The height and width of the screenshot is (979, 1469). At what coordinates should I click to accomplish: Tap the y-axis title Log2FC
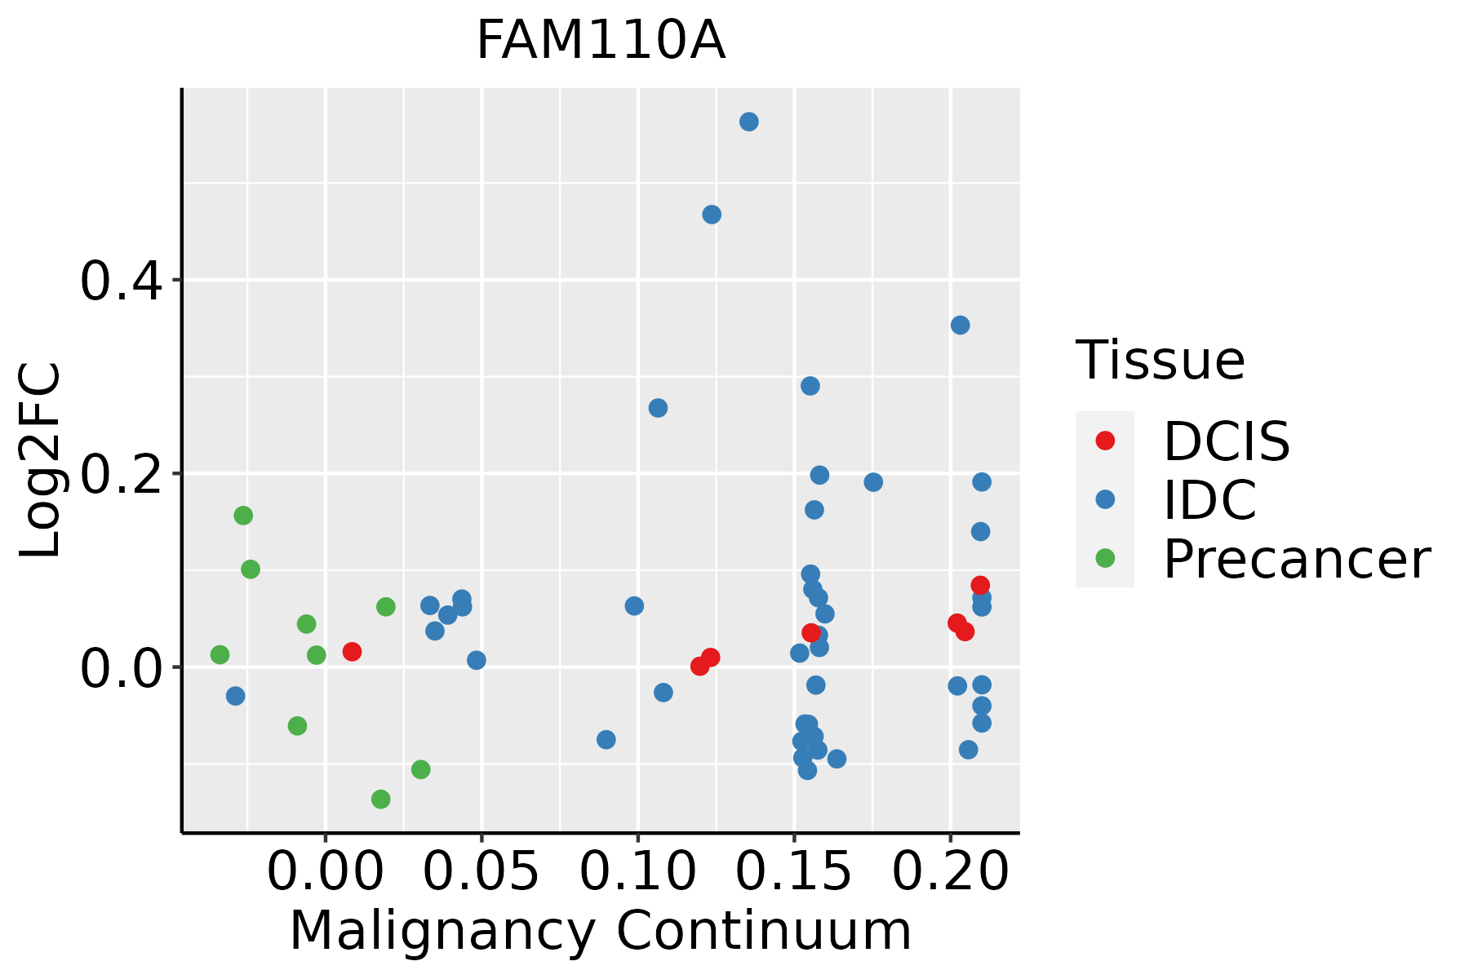pos(41,461)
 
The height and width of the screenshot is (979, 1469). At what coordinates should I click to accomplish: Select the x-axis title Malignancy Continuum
pos(600,931)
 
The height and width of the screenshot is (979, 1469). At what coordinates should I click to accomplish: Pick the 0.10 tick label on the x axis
pos(637,872)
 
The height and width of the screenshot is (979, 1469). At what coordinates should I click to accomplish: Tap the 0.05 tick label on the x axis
pos(482,872)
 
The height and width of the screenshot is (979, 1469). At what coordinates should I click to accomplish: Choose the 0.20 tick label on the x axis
pos(950,872)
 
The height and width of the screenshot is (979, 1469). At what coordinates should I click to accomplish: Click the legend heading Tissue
pos(1160,360)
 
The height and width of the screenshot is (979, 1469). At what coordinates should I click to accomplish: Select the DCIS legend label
pos(1226,441)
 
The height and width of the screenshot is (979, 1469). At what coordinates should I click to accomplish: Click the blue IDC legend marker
pos(1105,499)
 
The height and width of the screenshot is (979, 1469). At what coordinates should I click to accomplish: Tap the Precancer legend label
pos(1296,559)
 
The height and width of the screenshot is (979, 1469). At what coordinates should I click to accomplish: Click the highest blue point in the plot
pos(748,122)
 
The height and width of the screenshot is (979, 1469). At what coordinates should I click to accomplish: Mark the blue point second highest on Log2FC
pos(712,215)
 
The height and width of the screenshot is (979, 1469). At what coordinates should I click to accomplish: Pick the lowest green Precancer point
pos(380,799)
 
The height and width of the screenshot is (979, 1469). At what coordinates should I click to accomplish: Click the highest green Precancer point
pos(243,516)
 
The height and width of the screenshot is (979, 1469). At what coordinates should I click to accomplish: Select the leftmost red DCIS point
pos(352,652)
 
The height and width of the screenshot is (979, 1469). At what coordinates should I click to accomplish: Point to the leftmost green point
pos(220,654)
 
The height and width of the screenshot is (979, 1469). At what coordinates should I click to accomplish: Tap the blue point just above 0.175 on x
pos(873,482)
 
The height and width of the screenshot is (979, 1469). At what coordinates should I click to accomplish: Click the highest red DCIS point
pos(980,585)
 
